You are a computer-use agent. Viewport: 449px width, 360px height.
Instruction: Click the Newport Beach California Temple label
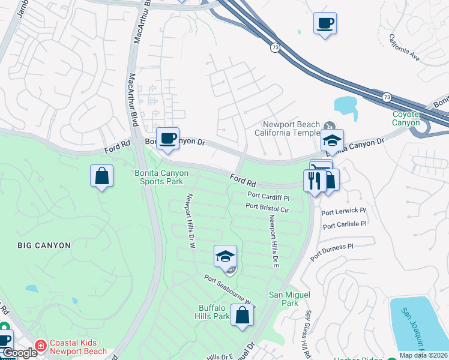pyautogui.click(x=286, y=128)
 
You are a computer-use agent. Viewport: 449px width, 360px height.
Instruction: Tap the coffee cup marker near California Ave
pyautogui.click(x=325, y=24)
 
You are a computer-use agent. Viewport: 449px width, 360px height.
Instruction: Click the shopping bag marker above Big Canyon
pyautogui.click(x=102, y=176)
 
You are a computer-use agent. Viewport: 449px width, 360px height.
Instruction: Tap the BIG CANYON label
pyautogui.click(x=44, y=245)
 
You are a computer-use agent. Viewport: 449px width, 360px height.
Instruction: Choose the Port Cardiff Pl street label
pyautogui.click(x=268, y=197)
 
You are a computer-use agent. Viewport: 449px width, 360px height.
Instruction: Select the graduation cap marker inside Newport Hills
pyautogui.click(x=226, y=256)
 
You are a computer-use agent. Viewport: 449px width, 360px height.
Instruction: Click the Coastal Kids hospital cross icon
pyautogui.click(x=40, y=346)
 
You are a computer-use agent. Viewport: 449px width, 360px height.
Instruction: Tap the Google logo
pyautogui.click(x=20, y=353)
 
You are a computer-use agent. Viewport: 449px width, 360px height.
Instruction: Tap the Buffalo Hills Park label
pyautogui.click(x=214, y=312)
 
